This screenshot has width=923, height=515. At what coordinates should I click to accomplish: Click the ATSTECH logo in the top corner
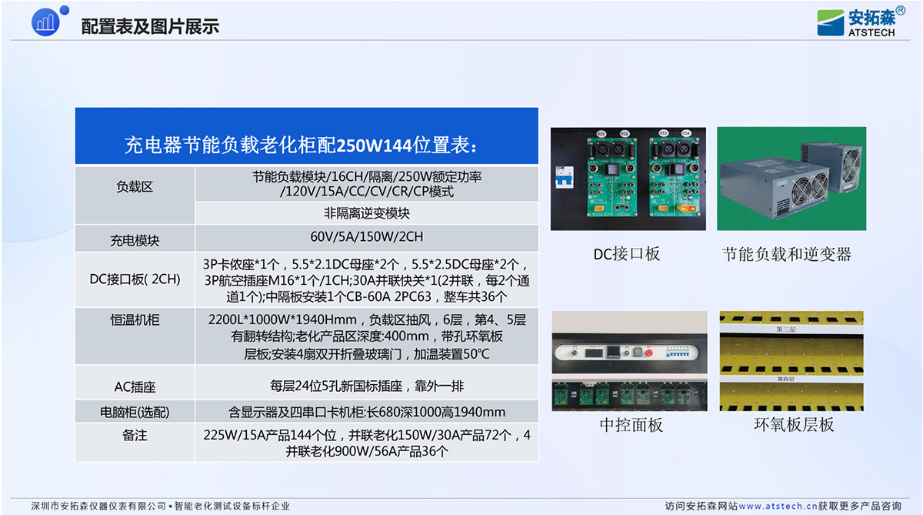click(x=861, y=22)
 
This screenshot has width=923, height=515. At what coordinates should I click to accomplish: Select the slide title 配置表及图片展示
click(x=150, y=26)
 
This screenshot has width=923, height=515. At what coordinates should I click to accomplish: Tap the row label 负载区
click(x=135, y=187)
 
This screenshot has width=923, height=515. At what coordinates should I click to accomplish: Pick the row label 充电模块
click(x=135, y=240)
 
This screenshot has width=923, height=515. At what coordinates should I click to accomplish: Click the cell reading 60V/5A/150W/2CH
click(x=366, y=236)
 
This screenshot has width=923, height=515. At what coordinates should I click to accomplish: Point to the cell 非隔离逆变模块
click(x=366, y=213)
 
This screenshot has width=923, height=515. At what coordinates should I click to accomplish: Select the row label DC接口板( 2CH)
click(x=135, y=279)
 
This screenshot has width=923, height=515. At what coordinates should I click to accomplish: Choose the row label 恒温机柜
click(x=135, y=320)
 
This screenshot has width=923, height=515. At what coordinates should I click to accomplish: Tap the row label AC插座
click(x=135, y=386)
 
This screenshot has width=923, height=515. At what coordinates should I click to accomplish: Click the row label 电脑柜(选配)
click(x=135, y=412)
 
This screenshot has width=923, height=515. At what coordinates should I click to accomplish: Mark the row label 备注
click(x=135, y=436)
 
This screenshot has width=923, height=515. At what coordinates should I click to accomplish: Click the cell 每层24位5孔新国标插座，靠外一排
click(x=367, y=386)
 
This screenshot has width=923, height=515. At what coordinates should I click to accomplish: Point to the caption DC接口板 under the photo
click(x=626, y=254)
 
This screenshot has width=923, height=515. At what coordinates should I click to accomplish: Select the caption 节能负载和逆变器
click(x=787, y=254)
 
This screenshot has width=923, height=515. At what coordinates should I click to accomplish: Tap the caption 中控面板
click(x=631, y=425)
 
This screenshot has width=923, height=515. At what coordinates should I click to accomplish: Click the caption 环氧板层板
click(x=794, y=425)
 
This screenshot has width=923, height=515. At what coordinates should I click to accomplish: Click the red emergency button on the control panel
click(x=649, y=353)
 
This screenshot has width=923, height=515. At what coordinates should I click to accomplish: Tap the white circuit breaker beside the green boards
click(x=565, y=177)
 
